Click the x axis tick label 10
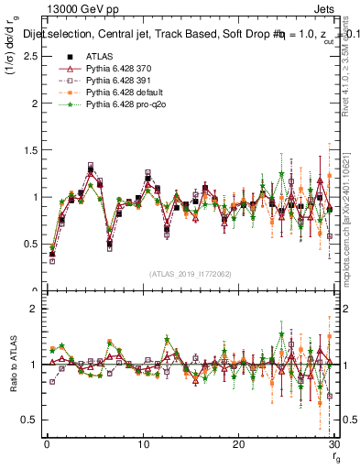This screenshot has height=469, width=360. [x=142, y=444]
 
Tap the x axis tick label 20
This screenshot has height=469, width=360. [x=238, y=444]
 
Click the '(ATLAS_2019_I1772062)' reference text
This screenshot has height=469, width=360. [x=190, y=274]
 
